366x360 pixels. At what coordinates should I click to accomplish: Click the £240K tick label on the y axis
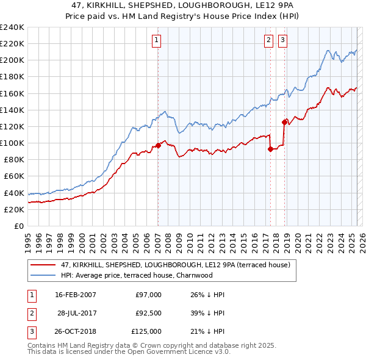12,27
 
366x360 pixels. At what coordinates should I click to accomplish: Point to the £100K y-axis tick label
12,143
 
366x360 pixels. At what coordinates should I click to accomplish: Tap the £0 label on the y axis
18,226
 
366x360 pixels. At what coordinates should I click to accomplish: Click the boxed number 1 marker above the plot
157,41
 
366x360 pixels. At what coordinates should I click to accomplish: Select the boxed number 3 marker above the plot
283,41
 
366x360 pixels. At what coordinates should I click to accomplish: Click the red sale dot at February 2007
158,145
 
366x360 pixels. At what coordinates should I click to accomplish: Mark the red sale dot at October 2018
284,122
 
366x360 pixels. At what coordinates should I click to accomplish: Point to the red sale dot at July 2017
270,149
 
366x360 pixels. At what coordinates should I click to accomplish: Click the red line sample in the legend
44,265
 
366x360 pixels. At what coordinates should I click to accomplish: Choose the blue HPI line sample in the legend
44,275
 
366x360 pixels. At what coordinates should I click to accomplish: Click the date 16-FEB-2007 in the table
76,295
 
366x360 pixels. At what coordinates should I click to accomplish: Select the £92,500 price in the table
148,313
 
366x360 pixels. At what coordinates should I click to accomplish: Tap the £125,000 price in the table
147,331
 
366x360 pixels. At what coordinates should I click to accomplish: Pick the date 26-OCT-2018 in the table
76,331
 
